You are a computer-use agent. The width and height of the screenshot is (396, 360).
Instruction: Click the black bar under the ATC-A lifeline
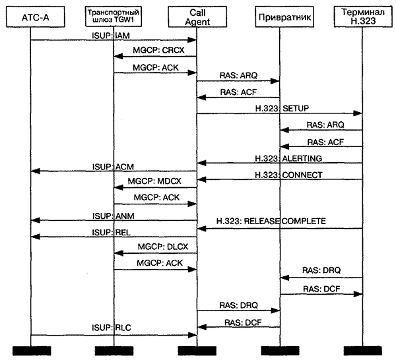31,349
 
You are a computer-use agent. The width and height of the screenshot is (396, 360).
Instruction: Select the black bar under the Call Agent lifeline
197,349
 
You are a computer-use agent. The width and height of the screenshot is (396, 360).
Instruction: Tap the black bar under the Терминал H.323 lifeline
362,349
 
